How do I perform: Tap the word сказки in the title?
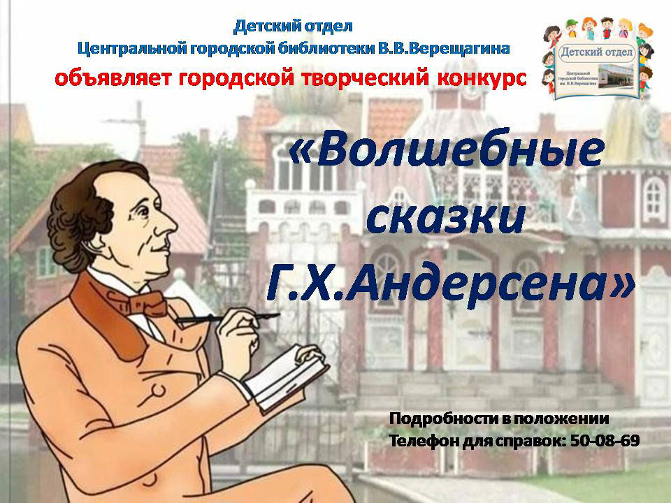pyautogui.click(x=445, y=218)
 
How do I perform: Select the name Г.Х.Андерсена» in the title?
pyautogui.click(x=450, y=285)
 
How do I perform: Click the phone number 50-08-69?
pyautogui.click(x=605, y=441)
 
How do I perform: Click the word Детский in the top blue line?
pyautogui.click(x=262, y=26)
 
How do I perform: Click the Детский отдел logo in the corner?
pyautogui.click(x=598, y=60)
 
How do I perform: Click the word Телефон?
pyautogui.click(x=424, y=441)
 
